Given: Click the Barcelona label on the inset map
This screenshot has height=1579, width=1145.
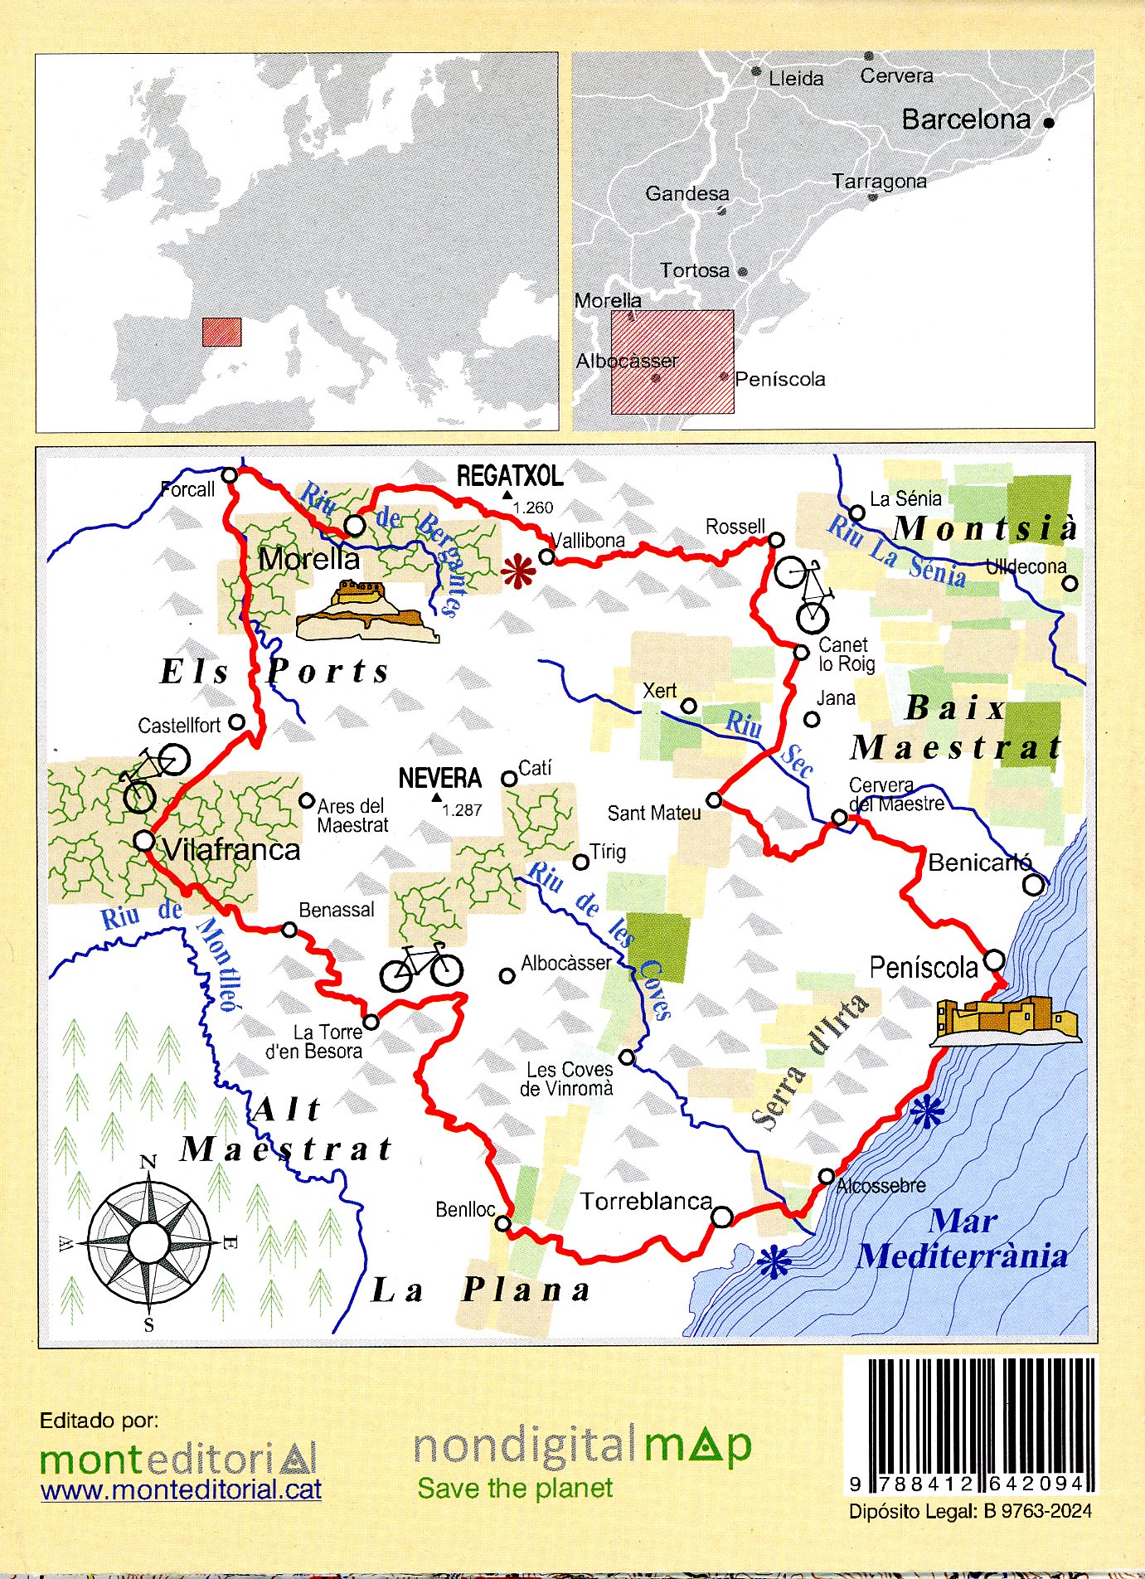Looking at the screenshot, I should coord(966,119).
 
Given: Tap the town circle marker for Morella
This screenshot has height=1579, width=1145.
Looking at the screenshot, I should coord(355,525).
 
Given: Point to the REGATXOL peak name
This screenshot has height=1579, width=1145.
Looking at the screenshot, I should coord(510,476).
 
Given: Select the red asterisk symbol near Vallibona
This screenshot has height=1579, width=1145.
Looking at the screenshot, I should coord(518,571).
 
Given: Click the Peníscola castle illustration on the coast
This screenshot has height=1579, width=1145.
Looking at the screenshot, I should coord(1006,1020).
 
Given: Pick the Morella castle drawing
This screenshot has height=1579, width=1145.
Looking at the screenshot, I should coord(366,612).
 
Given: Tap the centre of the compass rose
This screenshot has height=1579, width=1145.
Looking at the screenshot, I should coord(149,1241).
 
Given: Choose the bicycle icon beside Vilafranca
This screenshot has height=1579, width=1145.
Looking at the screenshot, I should coord(153,777).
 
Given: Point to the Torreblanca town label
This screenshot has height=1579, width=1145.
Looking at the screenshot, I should coord(646,1201).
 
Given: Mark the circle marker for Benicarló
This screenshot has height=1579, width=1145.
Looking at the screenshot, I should coord(1034,885).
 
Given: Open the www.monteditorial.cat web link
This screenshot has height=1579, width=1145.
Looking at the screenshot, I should coord(181,1490).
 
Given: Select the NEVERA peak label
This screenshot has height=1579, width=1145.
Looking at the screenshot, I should coord(439,778).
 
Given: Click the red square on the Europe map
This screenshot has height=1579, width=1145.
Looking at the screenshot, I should coord(222,332).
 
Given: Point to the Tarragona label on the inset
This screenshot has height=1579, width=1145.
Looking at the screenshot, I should coord(879,181).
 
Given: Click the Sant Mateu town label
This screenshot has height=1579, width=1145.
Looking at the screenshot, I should coord(654,813).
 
